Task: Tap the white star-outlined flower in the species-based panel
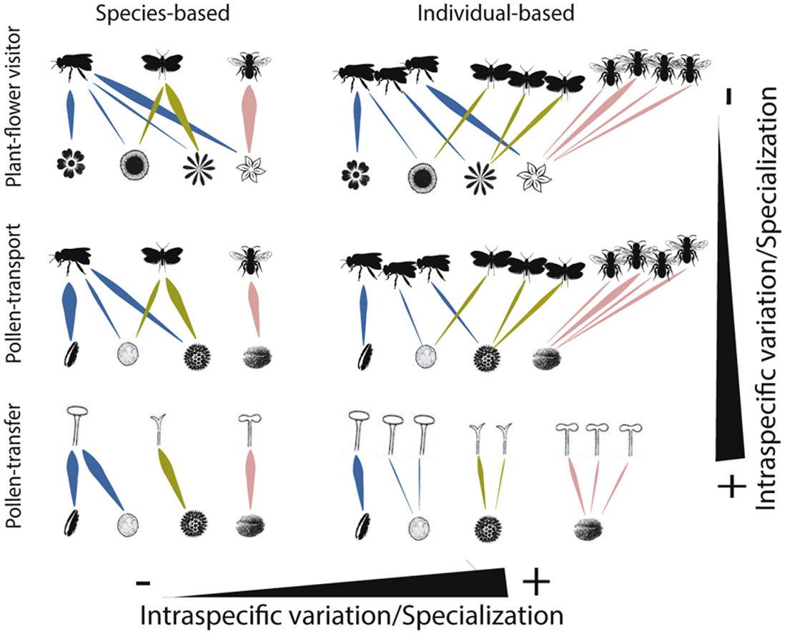251,168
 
